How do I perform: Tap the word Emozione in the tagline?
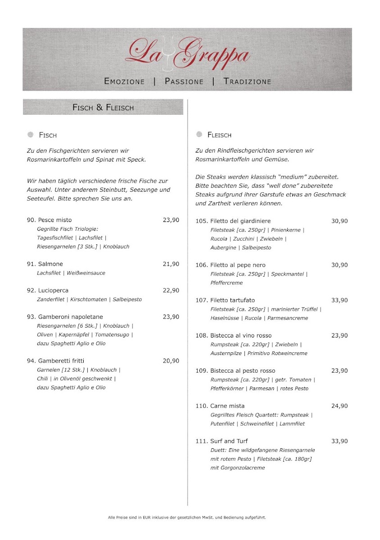pyautogui.click(x=124, y=81)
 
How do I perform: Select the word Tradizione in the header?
pyautogui.click(x=247, y=81)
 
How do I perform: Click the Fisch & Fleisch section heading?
pyautogui.click(x=103, y=108)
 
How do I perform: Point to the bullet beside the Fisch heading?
pyautogui.click(x=31, y=135)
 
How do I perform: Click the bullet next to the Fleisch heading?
pyautogui.click(x=199, y=135)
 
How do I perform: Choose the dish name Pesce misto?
pyautogui.click(x=54, y=220)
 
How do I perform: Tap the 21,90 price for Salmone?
pyautogui.click(x=171, y=264)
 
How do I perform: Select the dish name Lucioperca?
pyautogui.click(x=53, y=291)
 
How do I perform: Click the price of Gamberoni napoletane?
pyautogui.click(x=171, y=317)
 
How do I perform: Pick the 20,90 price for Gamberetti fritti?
pyautogui.click(x=171, y=361)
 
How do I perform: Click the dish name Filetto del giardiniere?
pyautogui.click(x=240, y=221)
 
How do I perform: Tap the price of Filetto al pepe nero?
pyautogui.click(x=339, y=265)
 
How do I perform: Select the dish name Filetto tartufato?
pyautogui.click(x=232, y=300)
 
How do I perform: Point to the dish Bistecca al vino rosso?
pyautogui.click(x=241, y=336)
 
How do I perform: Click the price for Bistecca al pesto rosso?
pyautogui.click(x=339, y=371)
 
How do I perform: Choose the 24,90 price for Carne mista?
pyautogui.click(x=339, y=406)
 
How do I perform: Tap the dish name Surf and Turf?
pyautogui.click(x=229, y=441)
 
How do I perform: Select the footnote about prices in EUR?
pyautogui.click(x=187, y=517)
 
